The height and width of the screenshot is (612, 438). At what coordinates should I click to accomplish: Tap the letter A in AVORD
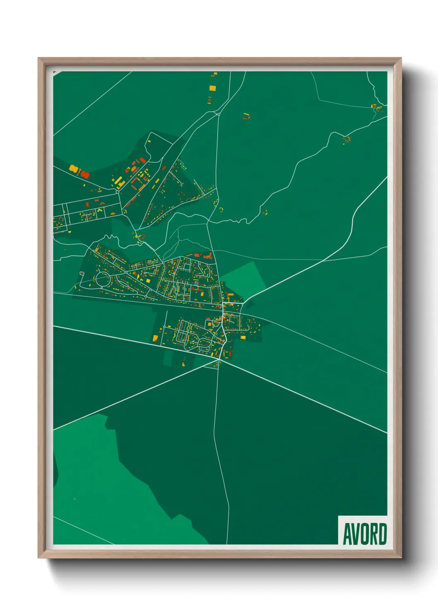coord(347,534)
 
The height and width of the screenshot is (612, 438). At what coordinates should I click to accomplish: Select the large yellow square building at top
coord(212,88)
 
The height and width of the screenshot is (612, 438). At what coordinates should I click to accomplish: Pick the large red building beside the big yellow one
coord(84,174)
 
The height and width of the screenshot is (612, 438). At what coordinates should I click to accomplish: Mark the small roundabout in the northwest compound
coord(118,191)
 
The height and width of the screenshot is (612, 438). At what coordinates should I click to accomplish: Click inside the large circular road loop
coord(102,280)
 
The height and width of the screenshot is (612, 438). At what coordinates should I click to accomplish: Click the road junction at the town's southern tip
coord(220,361)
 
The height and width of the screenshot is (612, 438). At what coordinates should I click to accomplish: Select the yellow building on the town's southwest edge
coord(155,338)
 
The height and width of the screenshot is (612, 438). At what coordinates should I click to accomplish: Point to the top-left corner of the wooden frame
coord(39,58)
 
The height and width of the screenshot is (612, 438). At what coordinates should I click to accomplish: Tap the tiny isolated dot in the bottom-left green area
coord(75,499)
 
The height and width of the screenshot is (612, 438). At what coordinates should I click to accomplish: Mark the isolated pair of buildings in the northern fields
coord(246,116)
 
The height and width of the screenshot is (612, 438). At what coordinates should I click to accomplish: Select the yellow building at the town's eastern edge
coord(243,337)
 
